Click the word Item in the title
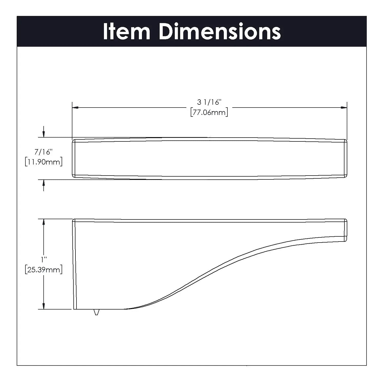(127, 31)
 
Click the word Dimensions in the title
(220, 31)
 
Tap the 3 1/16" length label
(209, 102)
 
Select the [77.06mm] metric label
(209, 112)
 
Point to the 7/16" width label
(44, 152)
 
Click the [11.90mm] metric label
(44, 162)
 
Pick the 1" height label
(44, 259)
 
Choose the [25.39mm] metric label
(44, 270)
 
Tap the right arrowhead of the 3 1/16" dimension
(344, 108)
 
